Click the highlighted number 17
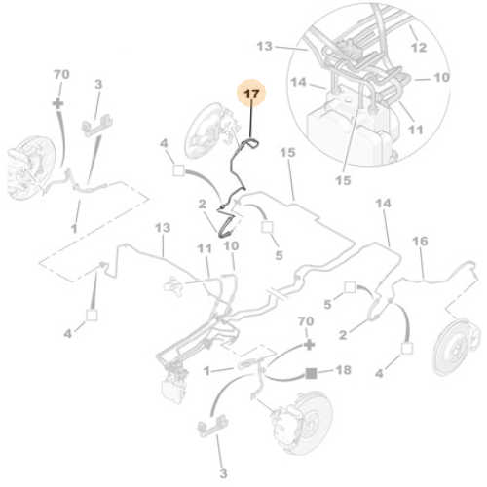pyautogui.click(x=252, y=94)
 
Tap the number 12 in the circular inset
pyautogui.click(x=419, y=47)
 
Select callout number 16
pyautogui.click(x=421, y=241)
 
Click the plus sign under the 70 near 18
pyautogui.click(x=308, y=345)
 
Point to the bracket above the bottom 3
pyautogui.click(x=215, y=425)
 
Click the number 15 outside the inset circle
pyautogui.click(x=286, y=153)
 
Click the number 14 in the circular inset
pyautogui.click(x=272, y=85)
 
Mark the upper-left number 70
pyautogui.click(x=59, y=74)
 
